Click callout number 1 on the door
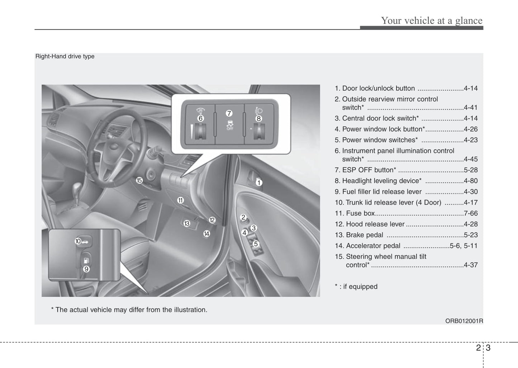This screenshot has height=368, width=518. click(x=259, y=183)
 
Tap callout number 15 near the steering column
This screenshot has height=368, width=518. click(x=139, y=180)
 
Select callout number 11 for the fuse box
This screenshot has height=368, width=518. click(x=180, y=200)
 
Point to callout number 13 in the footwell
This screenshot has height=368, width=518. click(x=187, y=223)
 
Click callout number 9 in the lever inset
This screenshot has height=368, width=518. click(x=86, y=269)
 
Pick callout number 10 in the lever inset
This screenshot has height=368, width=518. click(x=78, y=241)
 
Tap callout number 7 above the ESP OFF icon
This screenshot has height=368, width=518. click(x=229, y=113)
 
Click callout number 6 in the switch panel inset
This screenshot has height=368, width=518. click(x=200, y=118)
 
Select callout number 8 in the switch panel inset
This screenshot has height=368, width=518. click(x=258, y=118)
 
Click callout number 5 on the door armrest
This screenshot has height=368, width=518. click(x=256, y=244)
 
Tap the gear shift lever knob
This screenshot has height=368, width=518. click(x=77, y=189)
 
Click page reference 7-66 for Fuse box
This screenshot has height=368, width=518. click(x=470, y=213)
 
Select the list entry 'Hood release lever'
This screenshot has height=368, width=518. click(x=375, y=224)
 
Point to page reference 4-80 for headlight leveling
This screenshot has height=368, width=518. click(x=470, y=181)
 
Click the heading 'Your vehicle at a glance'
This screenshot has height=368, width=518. click(x=432, y=20)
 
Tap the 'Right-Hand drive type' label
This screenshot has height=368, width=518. click(x=65, y=56)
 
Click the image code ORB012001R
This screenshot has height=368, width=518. click(x=464, y=321)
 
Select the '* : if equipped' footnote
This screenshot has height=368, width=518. click(x=356, y=287)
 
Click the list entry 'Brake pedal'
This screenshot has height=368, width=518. click(x=364, y=235)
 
